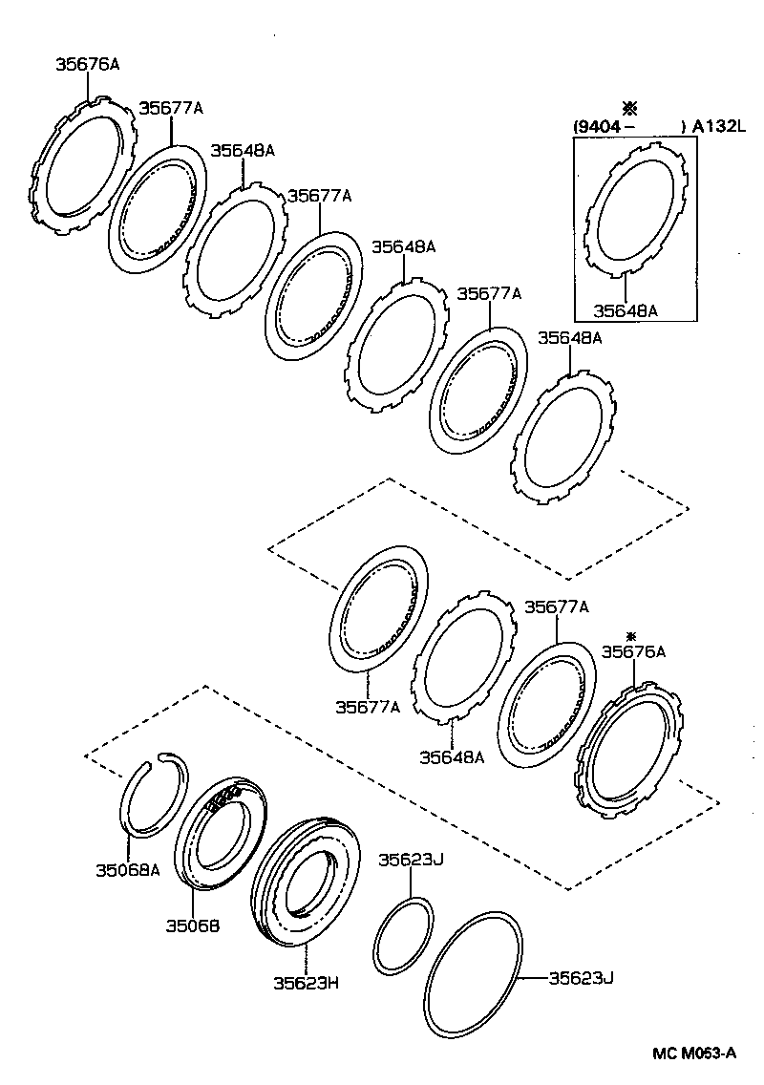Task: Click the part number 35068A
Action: tap(127, 869)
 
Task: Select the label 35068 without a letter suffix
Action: tap(193, 925)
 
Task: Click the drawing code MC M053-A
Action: tap(694, 1053)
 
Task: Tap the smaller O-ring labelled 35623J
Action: tap(402, 936)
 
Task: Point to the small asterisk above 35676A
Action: tap(630, 635)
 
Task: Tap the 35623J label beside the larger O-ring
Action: tap(581, 977)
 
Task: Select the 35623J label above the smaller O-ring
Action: tap(412, 860)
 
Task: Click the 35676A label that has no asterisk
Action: tap(88, 65)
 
